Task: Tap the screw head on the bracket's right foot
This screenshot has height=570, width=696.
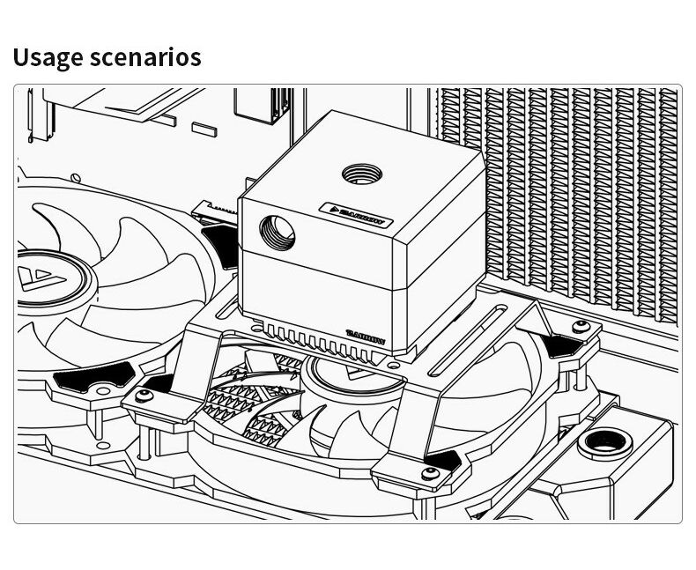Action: coord(580,328)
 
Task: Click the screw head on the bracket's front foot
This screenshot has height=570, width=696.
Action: coord(432,476)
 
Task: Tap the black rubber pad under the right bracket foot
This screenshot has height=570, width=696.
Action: coord(560,344)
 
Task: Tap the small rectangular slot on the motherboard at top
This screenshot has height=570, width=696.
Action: coord(204,129)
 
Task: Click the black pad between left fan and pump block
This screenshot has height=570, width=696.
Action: coord(218,244)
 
